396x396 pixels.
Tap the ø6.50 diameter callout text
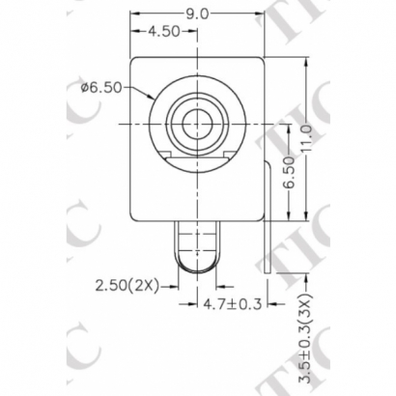(x=100, y=87)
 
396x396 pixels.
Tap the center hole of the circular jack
(x=197, y=124)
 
